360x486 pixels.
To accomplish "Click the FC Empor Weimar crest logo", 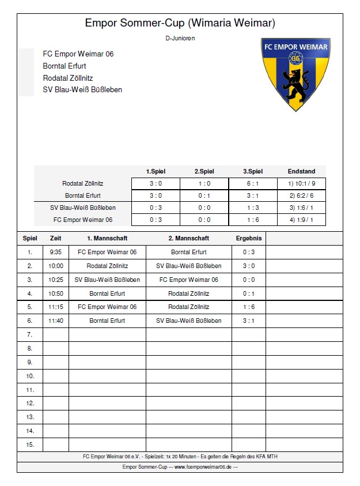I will [x=295, y=73].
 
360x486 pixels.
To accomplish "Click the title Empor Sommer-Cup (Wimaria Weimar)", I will [x=180, y=23].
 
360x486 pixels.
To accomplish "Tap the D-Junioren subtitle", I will [x=180, y=38].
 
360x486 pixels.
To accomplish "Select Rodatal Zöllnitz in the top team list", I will [x=68, y=78].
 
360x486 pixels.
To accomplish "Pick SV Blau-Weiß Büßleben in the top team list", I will [x=82, y=90].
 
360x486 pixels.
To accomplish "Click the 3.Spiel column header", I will [x=253, y=171].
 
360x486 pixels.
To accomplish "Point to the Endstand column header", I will [x=301, y=171].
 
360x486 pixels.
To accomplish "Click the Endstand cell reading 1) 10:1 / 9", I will [x=301, y=183].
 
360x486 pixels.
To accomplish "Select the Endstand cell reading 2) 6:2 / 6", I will [x=301, y=195].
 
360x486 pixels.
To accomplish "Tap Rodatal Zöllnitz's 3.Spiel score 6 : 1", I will [x=253, y=183].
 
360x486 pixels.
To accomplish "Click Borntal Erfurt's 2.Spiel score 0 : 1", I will [x=204, y=195].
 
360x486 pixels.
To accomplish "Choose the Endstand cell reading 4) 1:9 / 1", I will [x=301, y=220].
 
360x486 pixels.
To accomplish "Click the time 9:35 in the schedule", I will [x=56, y=252].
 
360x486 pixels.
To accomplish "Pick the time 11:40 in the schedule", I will [x=56, y=321].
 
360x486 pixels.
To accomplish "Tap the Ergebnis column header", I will [x=249, y=238].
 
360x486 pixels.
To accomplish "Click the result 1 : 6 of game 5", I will [x=249, y=307].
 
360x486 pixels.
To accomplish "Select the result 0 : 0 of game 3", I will [x=249, y=280].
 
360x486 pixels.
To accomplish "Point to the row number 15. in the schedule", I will [x=30, y=444].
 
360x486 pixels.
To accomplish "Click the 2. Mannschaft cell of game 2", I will [x=189, y=266].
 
